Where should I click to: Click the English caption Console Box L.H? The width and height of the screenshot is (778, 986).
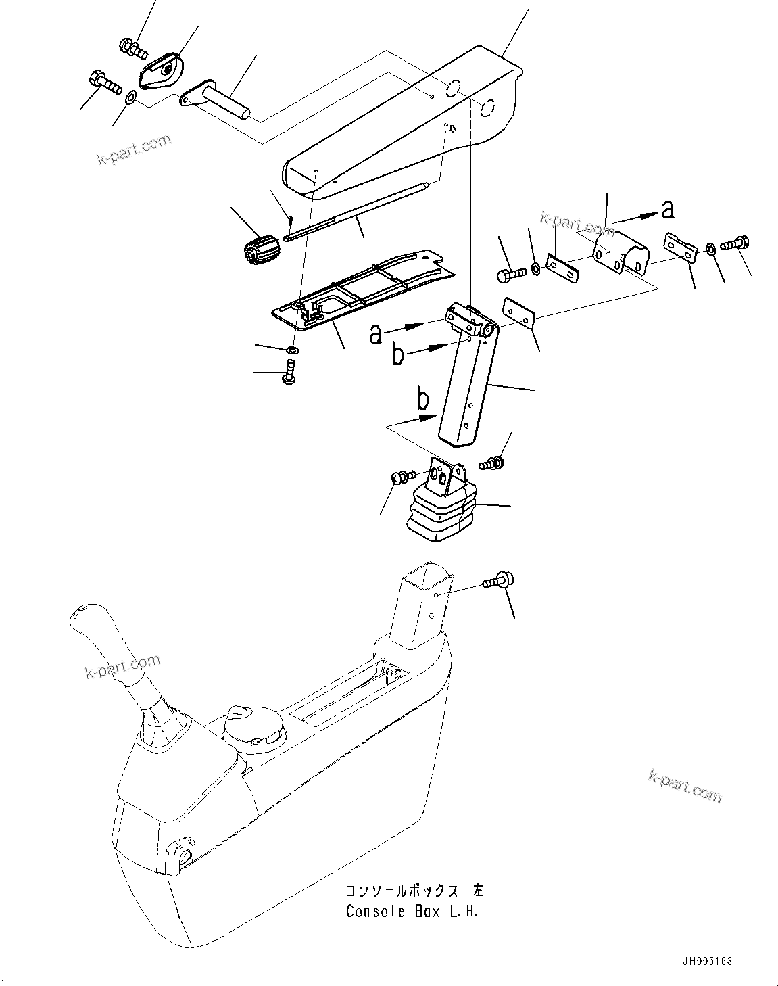point(412,911)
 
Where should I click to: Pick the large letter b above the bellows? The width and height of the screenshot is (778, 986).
point(422,400)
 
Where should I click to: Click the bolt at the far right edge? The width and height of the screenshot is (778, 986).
point(733,243)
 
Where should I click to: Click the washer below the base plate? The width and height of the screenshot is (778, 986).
point(293,350)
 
